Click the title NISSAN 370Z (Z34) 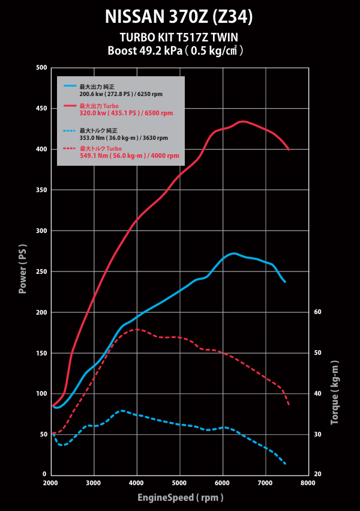click(x=179, y=17)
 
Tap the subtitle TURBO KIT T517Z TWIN click(x=179, y=37)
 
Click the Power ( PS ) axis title click(x=23, y=268)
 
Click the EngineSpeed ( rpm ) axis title click(x=180, y=497)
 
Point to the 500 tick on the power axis click(x=41, y=68)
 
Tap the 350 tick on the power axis click(x=41, y=190)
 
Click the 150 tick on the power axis click(x=41, y=352)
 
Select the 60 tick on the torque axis click(x=317, y=312)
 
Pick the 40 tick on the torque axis click(x=317, y=393)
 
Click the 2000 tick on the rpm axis click(x=50, y=483)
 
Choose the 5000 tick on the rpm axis click(x=179, y=483)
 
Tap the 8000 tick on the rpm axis click(x=308, y=483)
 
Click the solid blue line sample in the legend click(x=70, y=87)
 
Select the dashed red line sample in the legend click(x=70, y=148)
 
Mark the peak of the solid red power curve click(x=242, y=121)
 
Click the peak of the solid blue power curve click(x=234, y=253)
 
